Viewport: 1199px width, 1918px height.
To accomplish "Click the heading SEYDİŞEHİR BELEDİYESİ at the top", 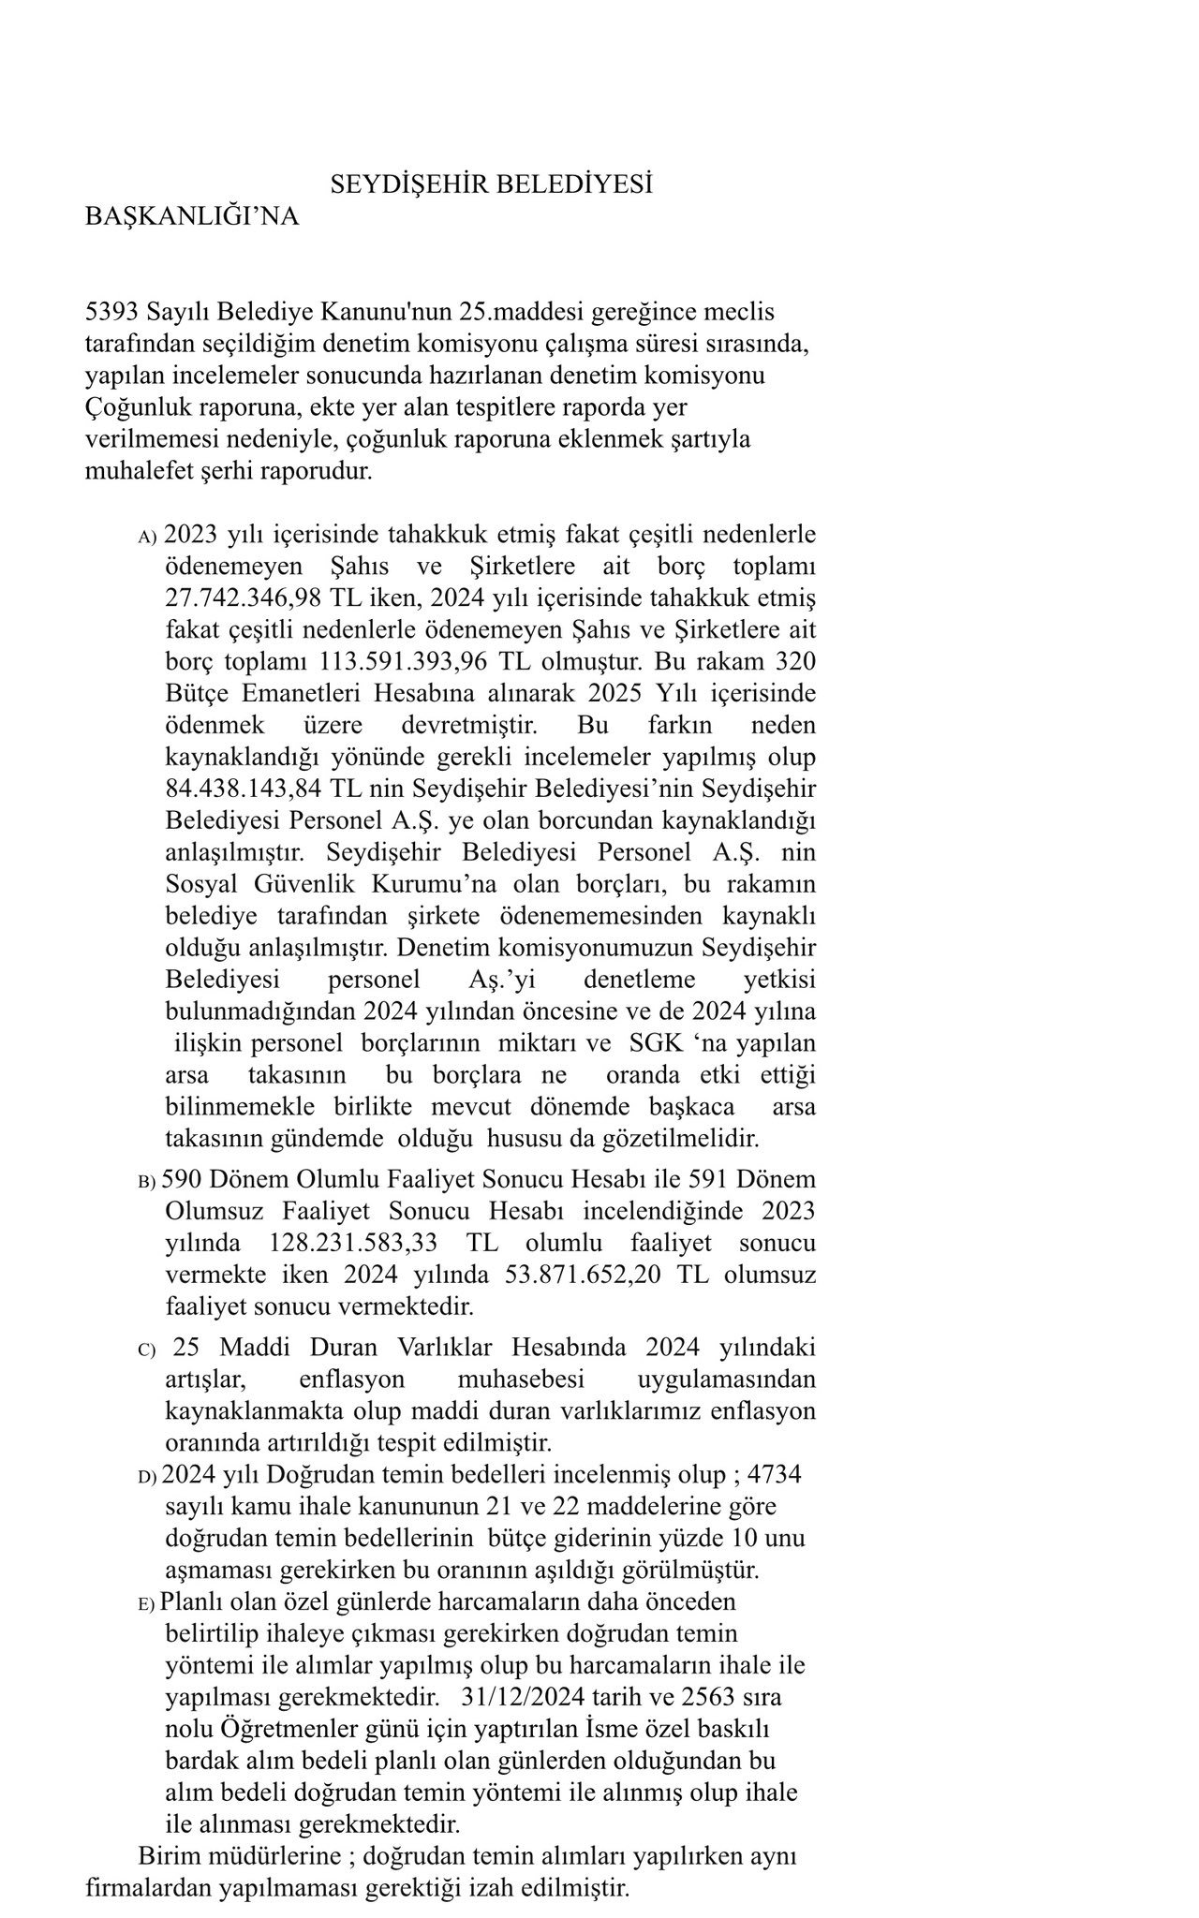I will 491,184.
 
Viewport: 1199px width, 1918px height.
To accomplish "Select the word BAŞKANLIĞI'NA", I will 192,216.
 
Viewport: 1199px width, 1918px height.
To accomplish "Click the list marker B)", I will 146,1182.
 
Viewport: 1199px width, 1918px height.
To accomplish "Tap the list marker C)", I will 146,1350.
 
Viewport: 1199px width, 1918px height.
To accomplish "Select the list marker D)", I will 146,1478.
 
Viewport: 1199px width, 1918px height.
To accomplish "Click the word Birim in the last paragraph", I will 165,1856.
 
